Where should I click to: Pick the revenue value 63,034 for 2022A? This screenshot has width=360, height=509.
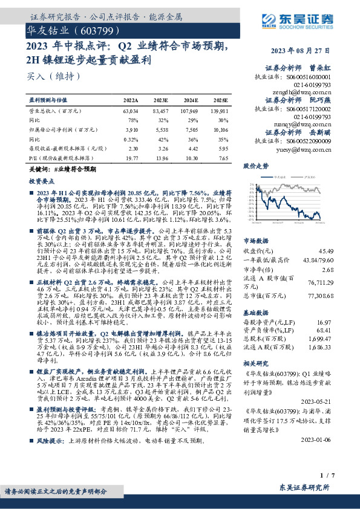click(x=131, y=111)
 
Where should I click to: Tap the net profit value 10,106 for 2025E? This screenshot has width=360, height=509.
click(x=221, y=129)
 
